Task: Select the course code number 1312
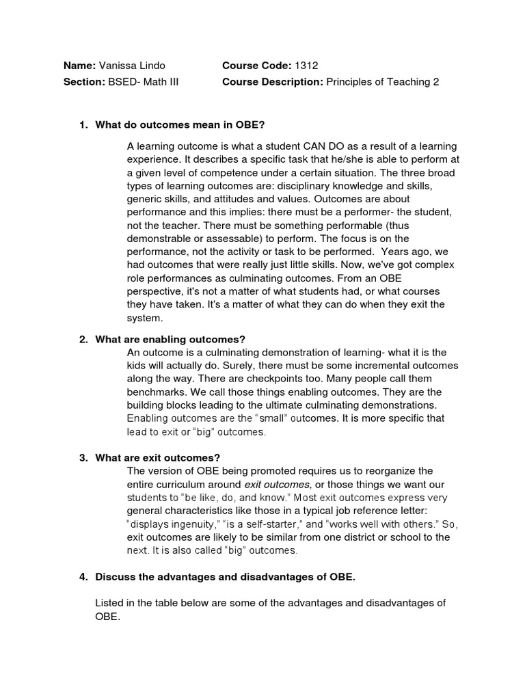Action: [306, 66]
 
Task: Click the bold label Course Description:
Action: [273, 82]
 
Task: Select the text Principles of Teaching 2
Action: [382, 82]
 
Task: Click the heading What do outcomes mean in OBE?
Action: [180, 125]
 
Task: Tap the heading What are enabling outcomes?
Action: [170, 339]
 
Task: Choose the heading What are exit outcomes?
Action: [158, 458]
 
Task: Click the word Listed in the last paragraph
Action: [111, 602]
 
